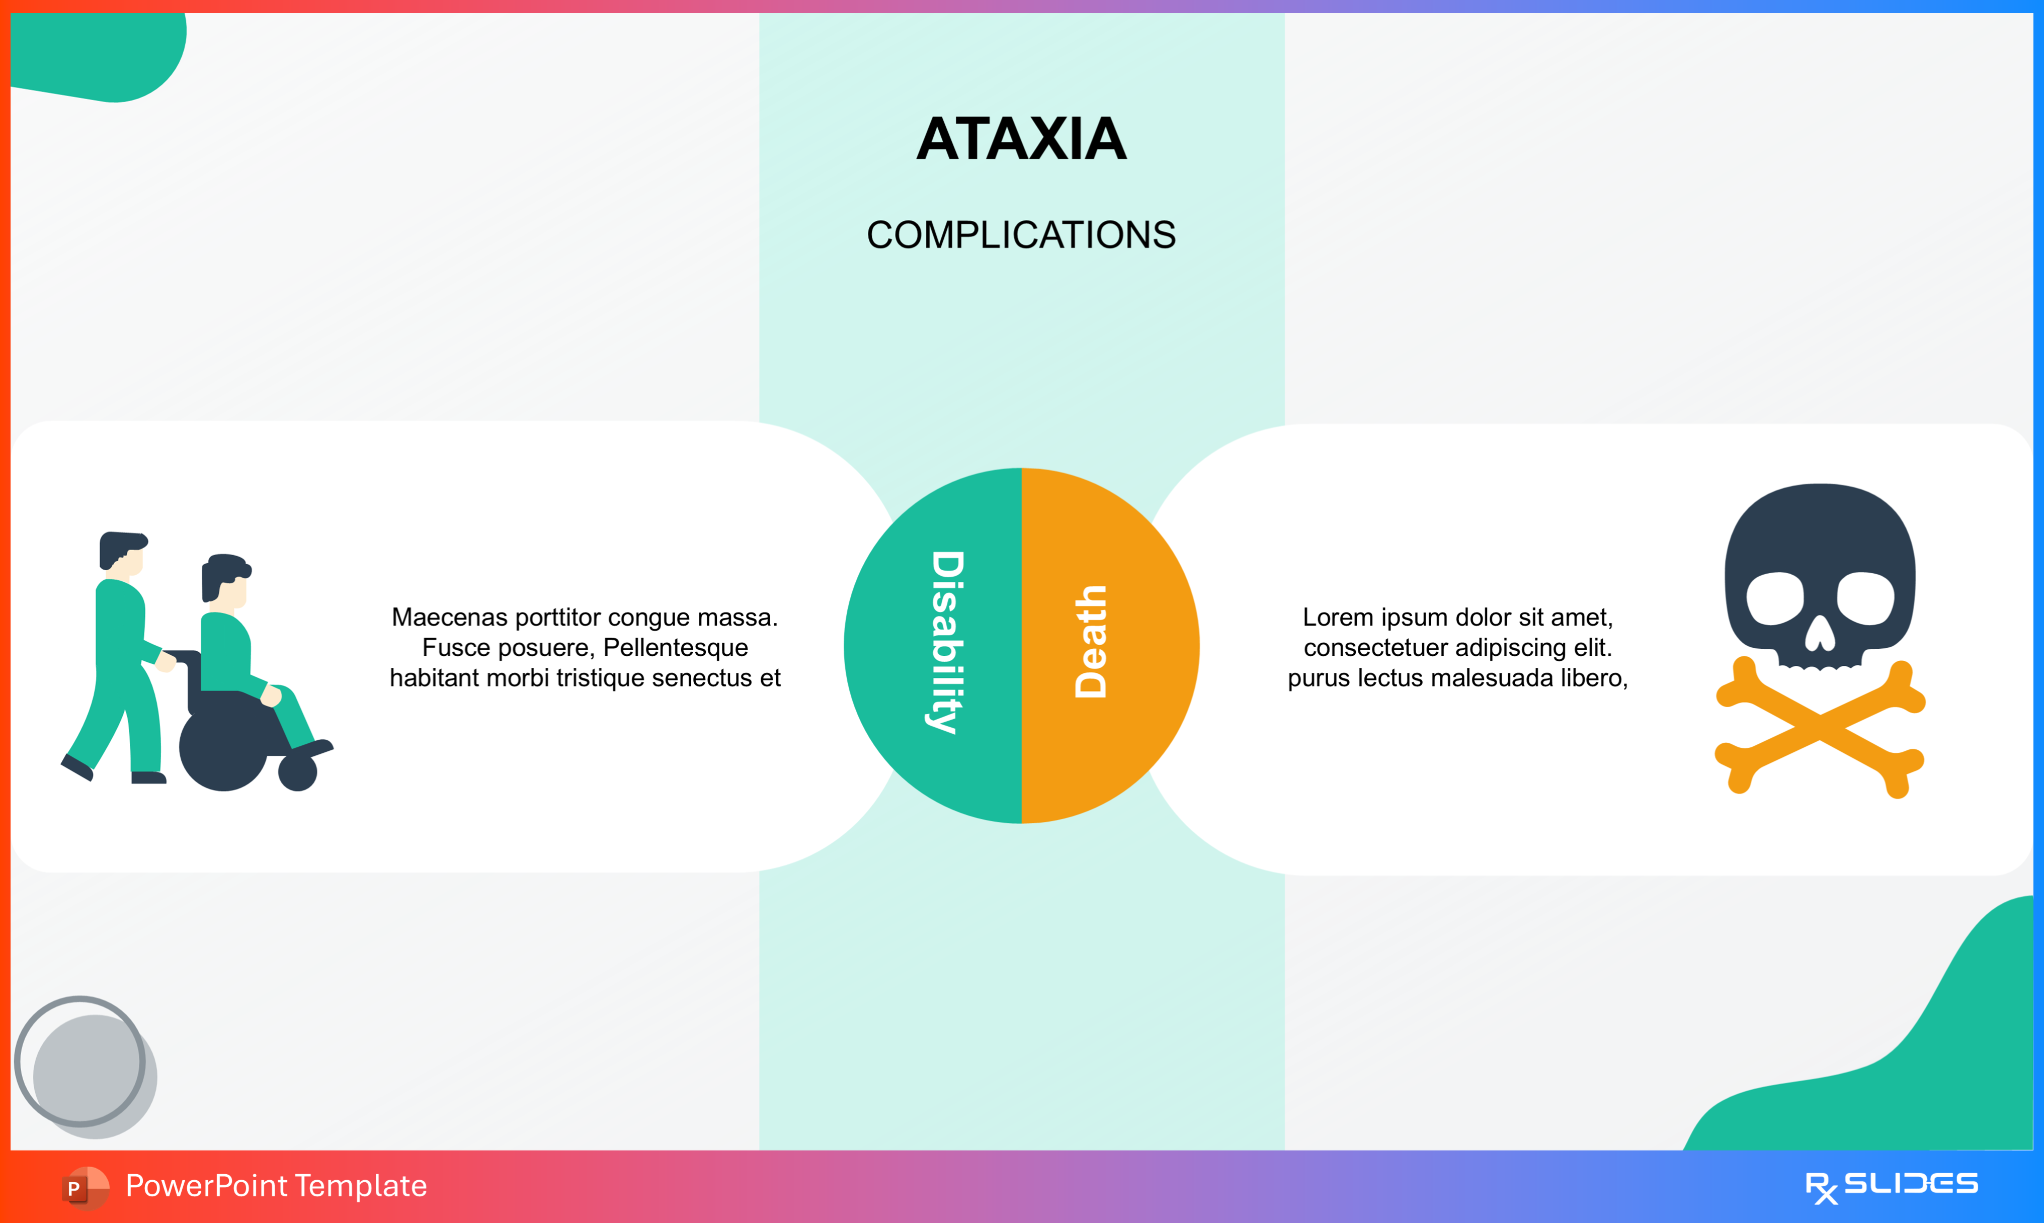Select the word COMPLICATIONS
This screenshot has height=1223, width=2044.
(1021, 235)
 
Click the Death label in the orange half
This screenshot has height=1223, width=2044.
(1090, 642)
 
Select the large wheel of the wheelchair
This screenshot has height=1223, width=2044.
(222, 746)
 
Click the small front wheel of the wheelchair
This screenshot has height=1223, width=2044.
(297, 772)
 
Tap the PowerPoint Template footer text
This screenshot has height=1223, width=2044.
(276, 1186)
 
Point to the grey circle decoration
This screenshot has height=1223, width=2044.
(87, 1067)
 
